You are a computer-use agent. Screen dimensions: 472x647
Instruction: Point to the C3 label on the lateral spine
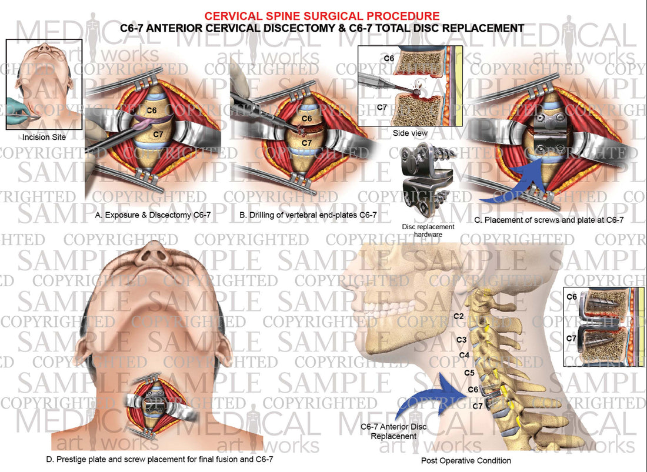click(462, 340)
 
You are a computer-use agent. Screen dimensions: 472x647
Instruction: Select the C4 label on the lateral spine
click(464, 355)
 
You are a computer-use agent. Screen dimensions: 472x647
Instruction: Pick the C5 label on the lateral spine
click(469, 373)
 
